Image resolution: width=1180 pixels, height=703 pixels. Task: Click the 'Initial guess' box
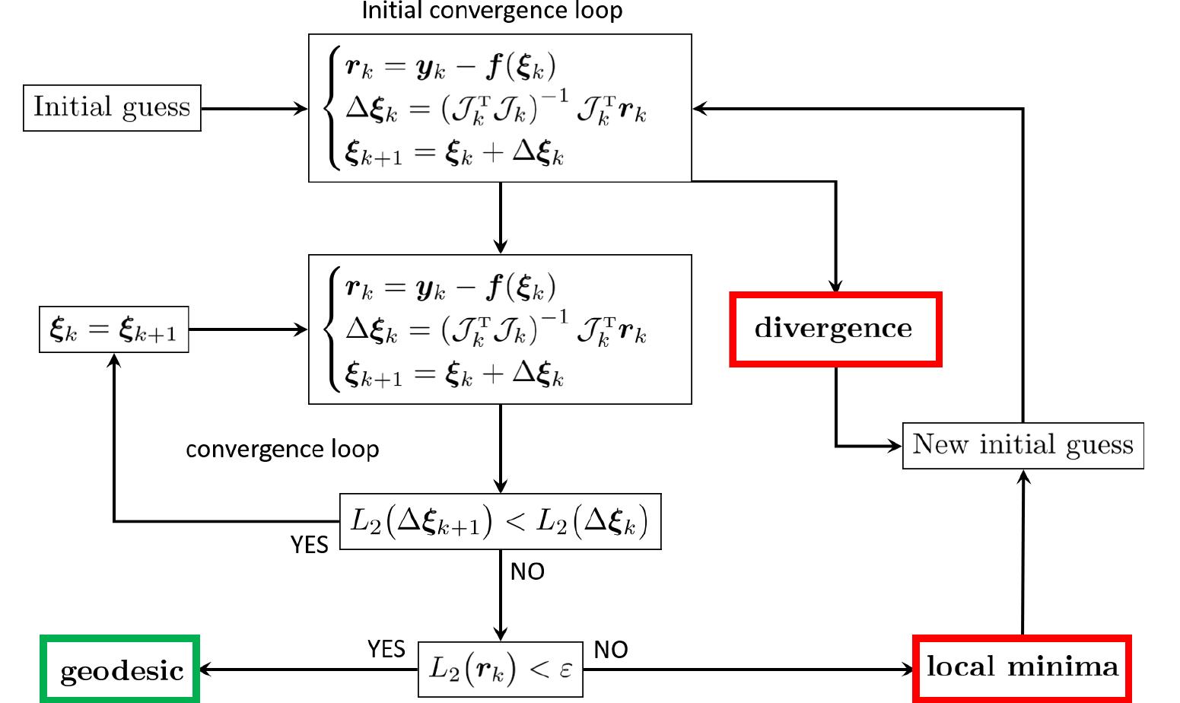pos(112,108)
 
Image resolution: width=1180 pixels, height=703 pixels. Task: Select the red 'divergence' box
pos(835,329)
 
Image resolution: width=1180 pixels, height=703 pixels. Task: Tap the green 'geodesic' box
pos(120,670)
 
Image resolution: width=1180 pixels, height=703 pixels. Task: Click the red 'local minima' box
pos(1022,667)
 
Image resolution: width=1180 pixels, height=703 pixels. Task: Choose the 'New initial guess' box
pos(1023,445)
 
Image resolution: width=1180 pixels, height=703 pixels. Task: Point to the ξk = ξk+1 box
pos(113,330)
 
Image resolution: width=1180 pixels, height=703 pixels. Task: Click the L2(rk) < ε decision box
pos(500,670)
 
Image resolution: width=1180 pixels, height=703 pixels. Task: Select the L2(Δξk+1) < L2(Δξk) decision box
pos(500,521)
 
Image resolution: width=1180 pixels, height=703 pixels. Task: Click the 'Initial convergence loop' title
pos(491,11)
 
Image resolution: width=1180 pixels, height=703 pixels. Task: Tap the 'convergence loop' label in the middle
pos(282,449)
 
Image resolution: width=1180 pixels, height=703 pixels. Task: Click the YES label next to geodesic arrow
pos(386,649)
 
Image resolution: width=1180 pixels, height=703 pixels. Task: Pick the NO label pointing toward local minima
pos(610,650)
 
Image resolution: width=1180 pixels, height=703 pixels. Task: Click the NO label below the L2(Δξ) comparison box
pos(527,571)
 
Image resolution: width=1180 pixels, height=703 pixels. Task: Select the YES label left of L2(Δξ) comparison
pos(310,545)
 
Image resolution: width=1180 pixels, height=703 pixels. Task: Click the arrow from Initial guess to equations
pos(254,109)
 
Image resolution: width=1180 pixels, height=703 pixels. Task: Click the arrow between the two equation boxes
pos(500,218)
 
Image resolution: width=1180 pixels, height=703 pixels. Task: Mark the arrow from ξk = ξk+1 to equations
pos(248,330)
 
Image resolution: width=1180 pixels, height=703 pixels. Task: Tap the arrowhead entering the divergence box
pos(835,288)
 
